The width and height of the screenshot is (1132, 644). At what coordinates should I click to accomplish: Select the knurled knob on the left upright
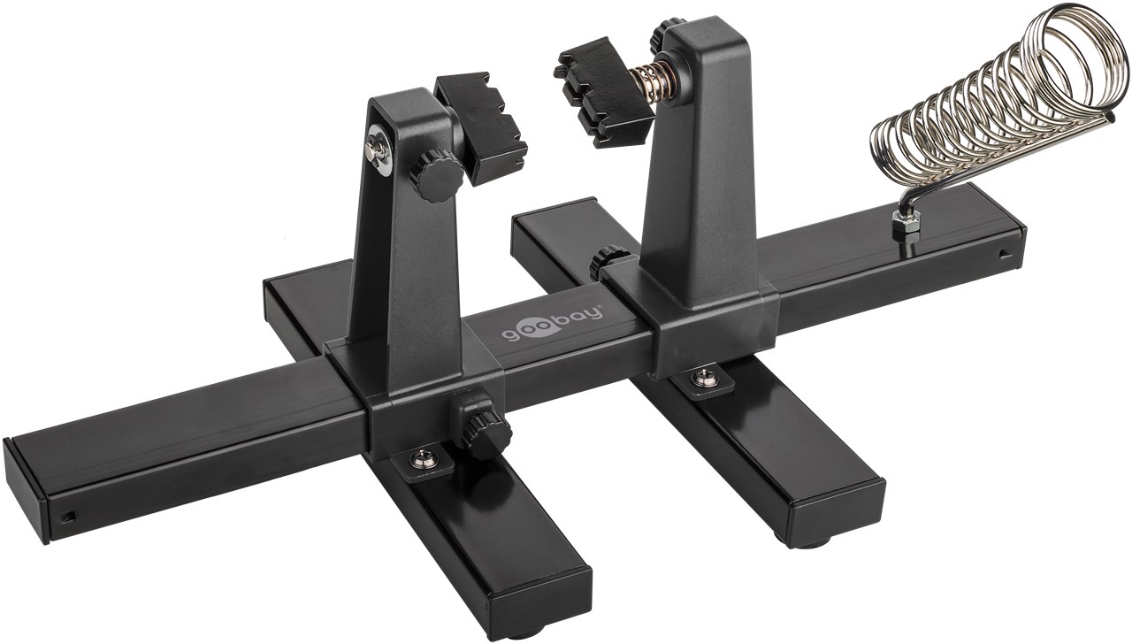[437, 172]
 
